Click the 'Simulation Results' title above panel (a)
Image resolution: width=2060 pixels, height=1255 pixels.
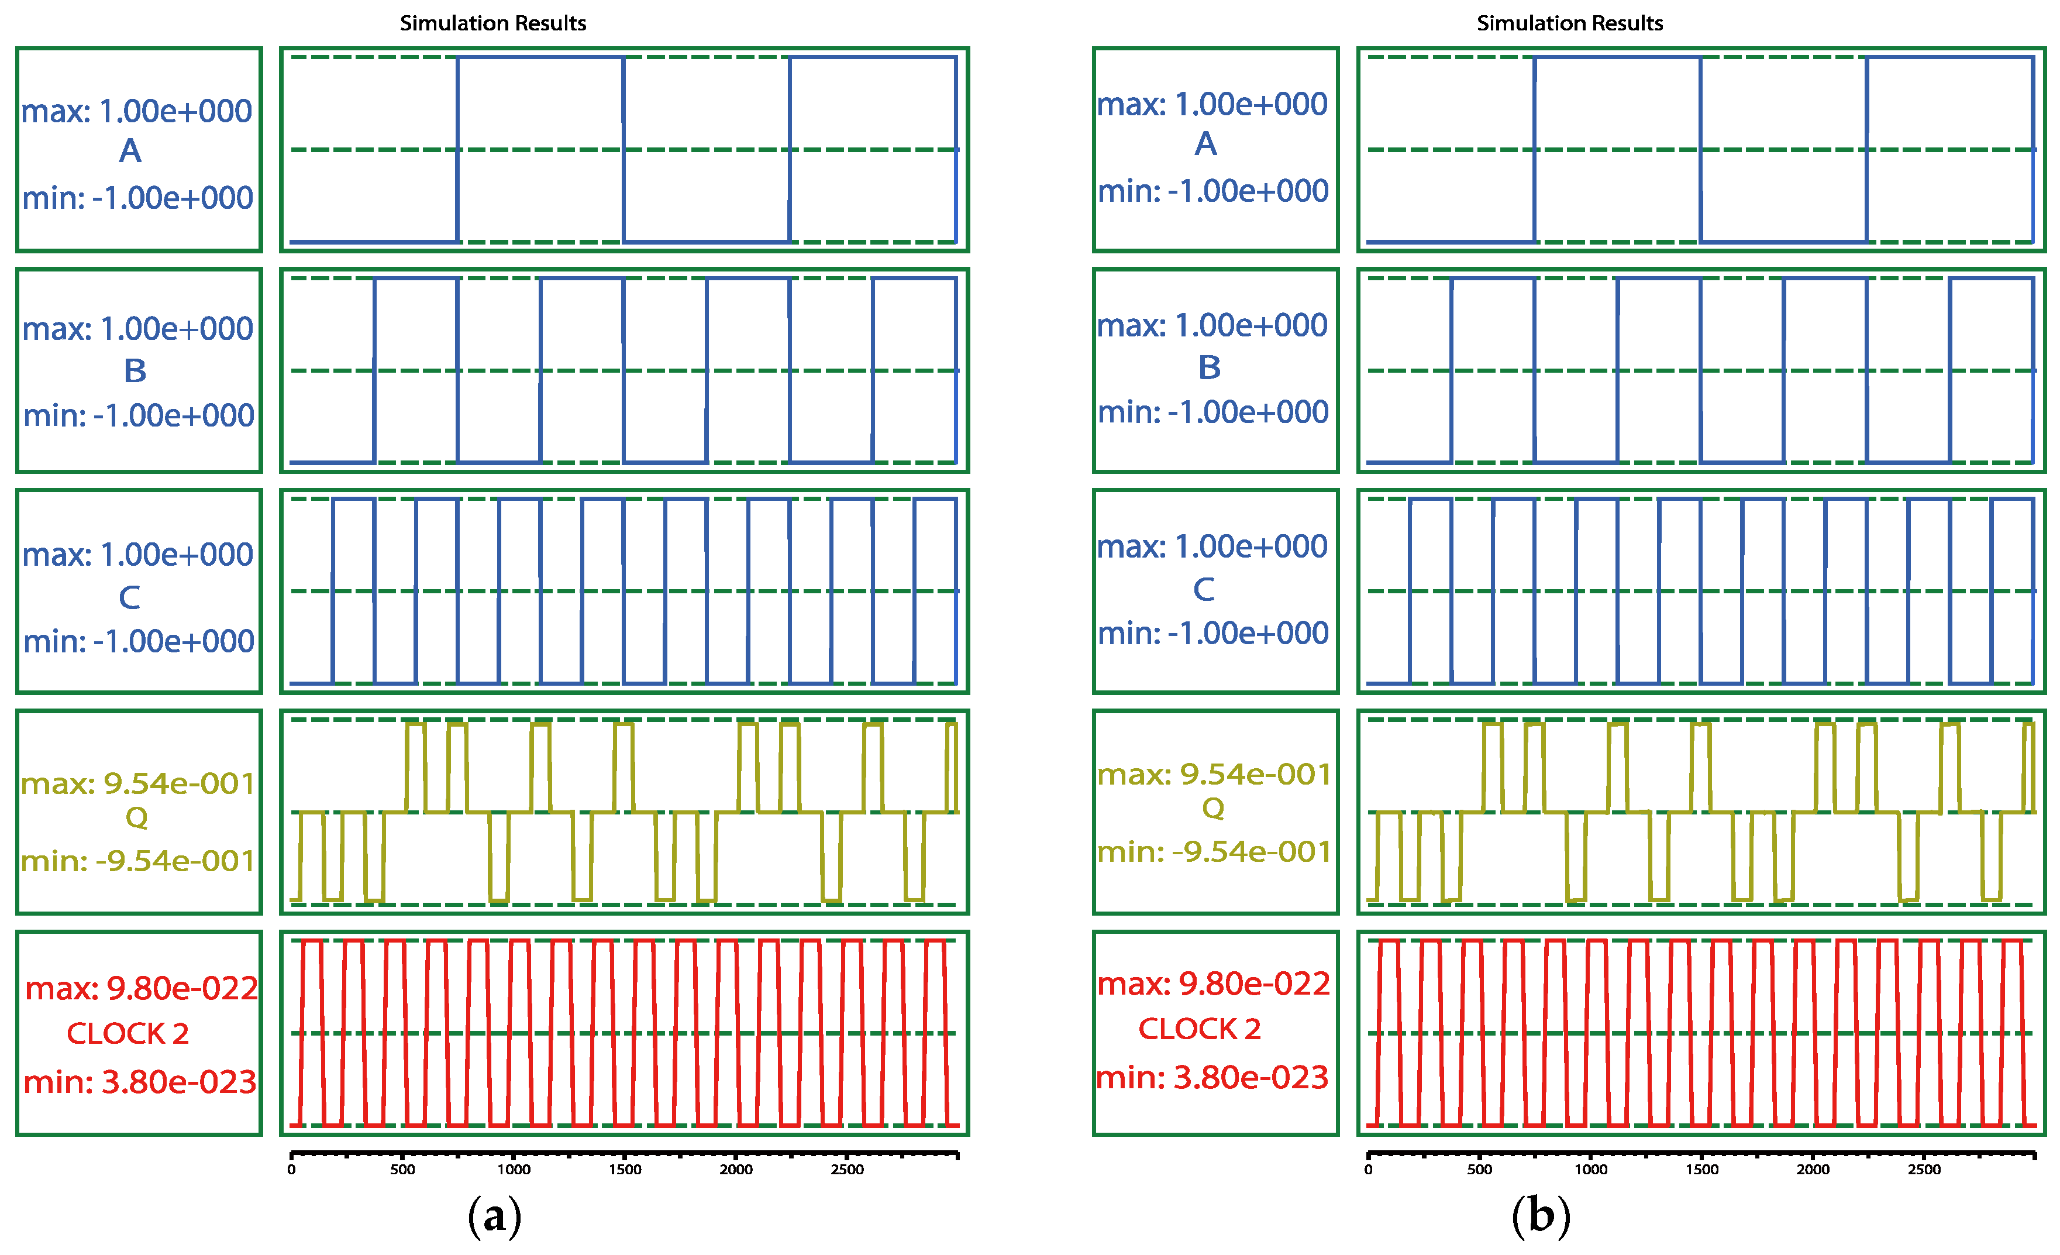[492, 23]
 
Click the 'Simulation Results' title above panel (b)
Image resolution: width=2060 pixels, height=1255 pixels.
[1569, 23]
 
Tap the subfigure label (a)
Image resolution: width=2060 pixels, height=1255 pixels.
[494, 1216]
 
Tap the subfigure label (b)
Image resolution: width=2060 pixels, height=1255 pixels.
[1541, 1216]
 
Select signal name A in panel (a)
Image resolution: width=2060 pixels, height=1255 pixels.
[130, 152]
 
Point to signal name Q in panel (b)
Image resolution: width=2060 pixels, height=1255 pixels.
[1213, 809]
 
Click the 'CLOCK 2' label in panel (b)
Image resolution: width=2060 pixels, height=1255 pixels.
[1200, 1029]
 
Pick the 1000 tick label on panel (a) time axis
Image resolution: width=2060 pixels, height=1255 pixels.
[514, 1170]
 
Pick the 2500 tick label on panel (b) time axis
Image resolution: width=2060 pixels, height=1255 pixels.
[1924, 1170]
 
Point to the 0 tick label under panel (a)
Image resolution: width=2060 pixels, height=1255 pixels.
[291, 1170]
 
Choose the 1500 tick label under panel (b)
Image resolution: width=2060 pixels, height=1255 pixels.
[1701, 1170]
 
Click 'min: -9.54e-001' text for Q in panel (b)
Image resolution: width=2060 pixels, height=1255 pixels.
[1214, 852]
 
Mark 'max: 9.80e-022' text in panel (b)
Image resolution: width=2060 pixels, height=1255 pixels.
[1213, 984]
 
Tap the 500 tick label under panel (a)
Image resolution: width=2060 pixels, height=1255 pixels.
[402, 1170]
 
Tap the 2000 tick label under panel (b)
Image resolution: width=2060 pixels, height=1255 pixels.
[1813, 1170]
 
